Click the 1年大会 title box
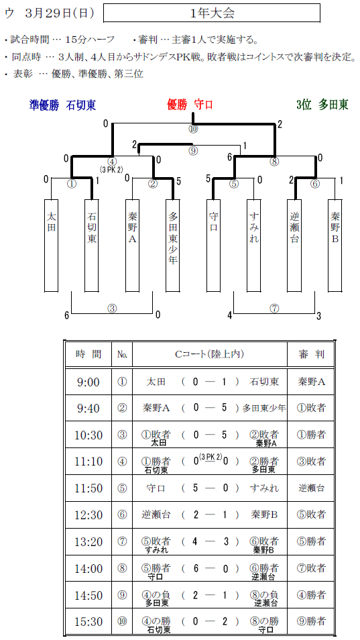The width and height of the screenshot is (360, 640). [212, 13]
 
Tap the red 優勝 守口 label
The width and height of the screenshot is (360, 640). [190, 105]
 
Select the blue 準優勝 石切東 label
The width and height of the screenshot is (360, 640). [63, 105]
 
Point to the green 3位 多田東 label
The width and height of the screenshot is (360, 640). [322, 105]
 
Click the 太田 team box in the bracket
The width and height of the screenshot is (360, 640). [51, 246]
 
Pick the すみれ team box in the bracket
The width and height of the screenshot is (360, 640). [253, 246]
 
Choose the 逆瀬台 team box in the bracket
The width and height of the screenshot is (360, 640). [294, 246]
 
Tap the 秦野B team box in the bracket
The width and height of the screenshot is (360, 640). [335, 246]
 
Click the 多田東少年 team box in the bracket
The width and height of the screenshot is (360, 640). [173, 246]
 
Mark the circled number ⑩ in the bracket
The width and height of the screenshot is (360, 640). [193, 129]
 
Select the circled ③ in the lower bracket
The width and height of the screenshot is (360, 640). [112, 309]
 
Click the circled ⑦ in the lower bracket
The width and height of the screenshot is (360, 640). [274, 309]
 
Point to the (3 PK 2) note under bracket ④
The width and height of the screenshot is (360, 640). [112, 169]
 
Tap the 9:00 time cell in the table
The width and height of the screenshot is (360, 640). [88, 382]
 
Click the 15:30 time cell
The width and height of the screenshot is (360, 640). [88, 622]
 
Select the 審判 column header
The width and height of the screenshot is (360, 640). [311, 354]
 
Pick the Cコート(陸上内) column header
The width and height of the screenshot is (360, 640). [210, 354]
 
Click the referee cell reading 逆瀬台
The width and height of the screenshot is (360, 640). [311, 488]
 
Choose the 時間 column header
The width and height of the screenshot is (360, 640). [88, 354]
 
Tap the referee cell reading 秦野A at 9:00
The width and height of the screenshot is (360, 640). [311, 382]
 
